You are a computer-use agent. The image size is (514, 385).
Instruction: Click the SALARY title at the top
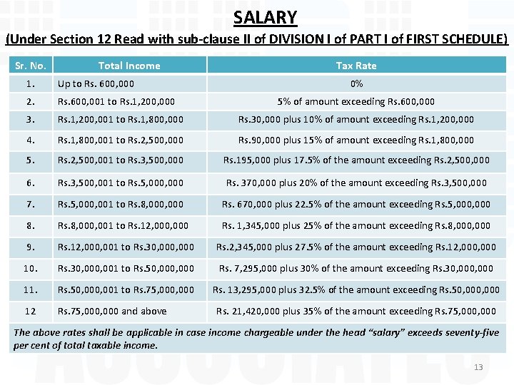265,16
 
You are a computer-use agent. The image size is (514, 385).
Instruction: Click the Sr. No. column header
31,66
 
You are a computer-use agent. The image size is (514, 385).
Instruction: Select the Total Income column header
129,66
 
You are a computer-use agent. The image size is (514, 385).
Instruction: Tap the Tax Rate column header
356,66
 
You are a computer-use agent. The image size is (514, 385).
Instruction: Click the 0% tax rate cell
356,84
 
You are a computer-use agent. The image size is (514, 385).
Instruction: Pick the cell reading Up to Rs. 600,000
96,84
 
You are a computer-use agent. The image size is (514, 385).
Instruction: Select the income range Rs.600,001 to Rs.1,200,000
116,102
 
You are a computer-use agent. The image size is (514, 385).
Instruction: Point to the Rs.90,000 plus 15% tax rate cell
356,140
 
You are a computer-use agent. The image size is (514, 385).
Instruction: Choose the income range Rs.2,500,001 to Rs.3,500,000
121,161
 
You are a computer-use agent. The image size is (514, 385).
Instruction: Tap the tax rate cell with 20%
356,183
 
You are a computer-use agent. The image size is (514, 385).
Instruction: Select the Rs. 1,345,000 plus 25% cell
356,225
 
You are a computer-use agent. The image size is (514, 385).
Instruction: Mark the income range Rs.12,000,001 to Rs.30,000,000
126,247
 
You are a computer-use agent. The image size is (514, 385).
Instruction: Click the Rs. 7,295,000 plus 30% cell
356,268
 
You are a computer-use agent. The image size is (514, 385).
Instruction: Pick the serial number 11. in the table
31,289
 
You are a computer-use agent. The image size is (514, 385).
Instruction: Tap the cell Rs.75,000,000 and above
112,311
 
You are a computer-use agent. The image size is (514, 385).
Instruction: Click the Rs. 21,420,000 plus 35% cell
356,311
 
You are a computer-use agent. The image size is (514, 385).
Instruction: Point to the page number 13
478,367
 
